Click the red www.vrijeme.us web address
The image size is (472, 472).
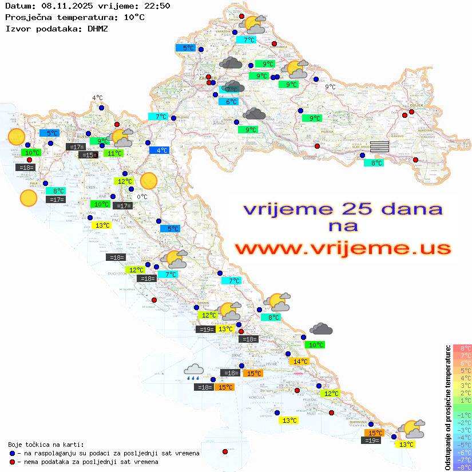pos(342,248)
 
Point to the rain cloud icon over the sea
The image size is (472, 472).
pos(193,372)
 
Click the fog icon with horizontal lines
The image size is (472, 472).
pos(379,146)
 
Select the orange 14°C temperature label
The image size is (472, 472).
pos(300,362)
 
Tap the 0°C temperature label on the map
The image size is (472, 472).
pos(142,197)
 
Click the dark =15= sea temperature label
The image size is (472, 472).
pos(88,155)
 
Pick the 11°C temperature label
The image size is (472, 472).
pos(114,153)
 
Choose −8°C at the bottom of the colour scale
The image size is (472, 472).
pos(462,467)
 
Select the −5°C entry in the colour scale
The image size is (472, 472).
pos(462,445)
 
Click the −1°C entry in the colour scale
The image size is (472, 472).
pos(462,415)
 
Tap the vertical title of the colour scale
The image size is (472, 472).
pos(448,407)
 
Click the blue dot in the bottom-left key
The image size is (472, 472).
pos(12,453)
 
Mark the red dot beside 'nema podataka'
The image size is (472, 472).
pos(12,462)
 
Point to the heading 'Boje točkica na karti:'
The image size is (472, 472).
pos(46,445)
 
